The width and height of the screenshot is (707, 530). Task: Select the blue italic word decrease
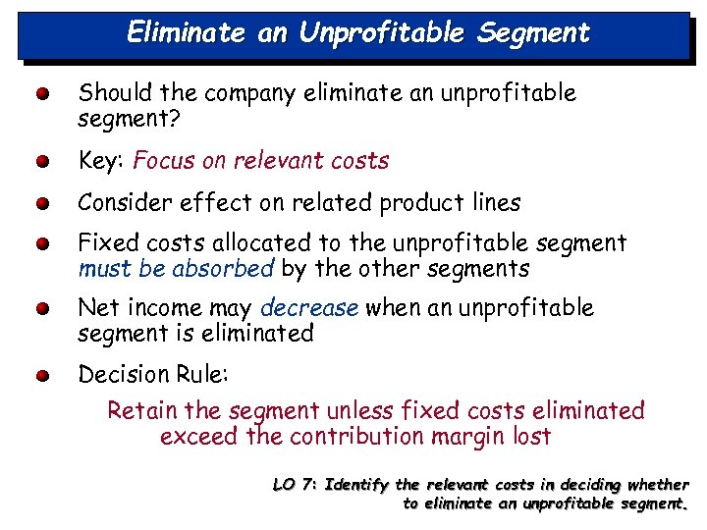point(309,308)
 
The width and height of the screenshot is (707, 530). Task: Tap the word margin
point(479,436)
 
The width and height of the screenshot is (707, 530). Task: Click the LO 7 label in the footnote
point(292,484)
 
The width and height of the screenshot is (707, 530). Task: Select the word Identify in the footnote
point(356,484)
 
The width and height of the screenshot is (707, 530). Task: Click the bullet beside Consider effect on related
point(38,205)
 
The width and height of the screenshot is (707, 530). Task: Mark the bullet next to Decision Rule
point(38,377)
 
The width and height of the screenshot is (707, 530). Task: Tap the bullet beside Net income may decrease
point(38,310)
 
